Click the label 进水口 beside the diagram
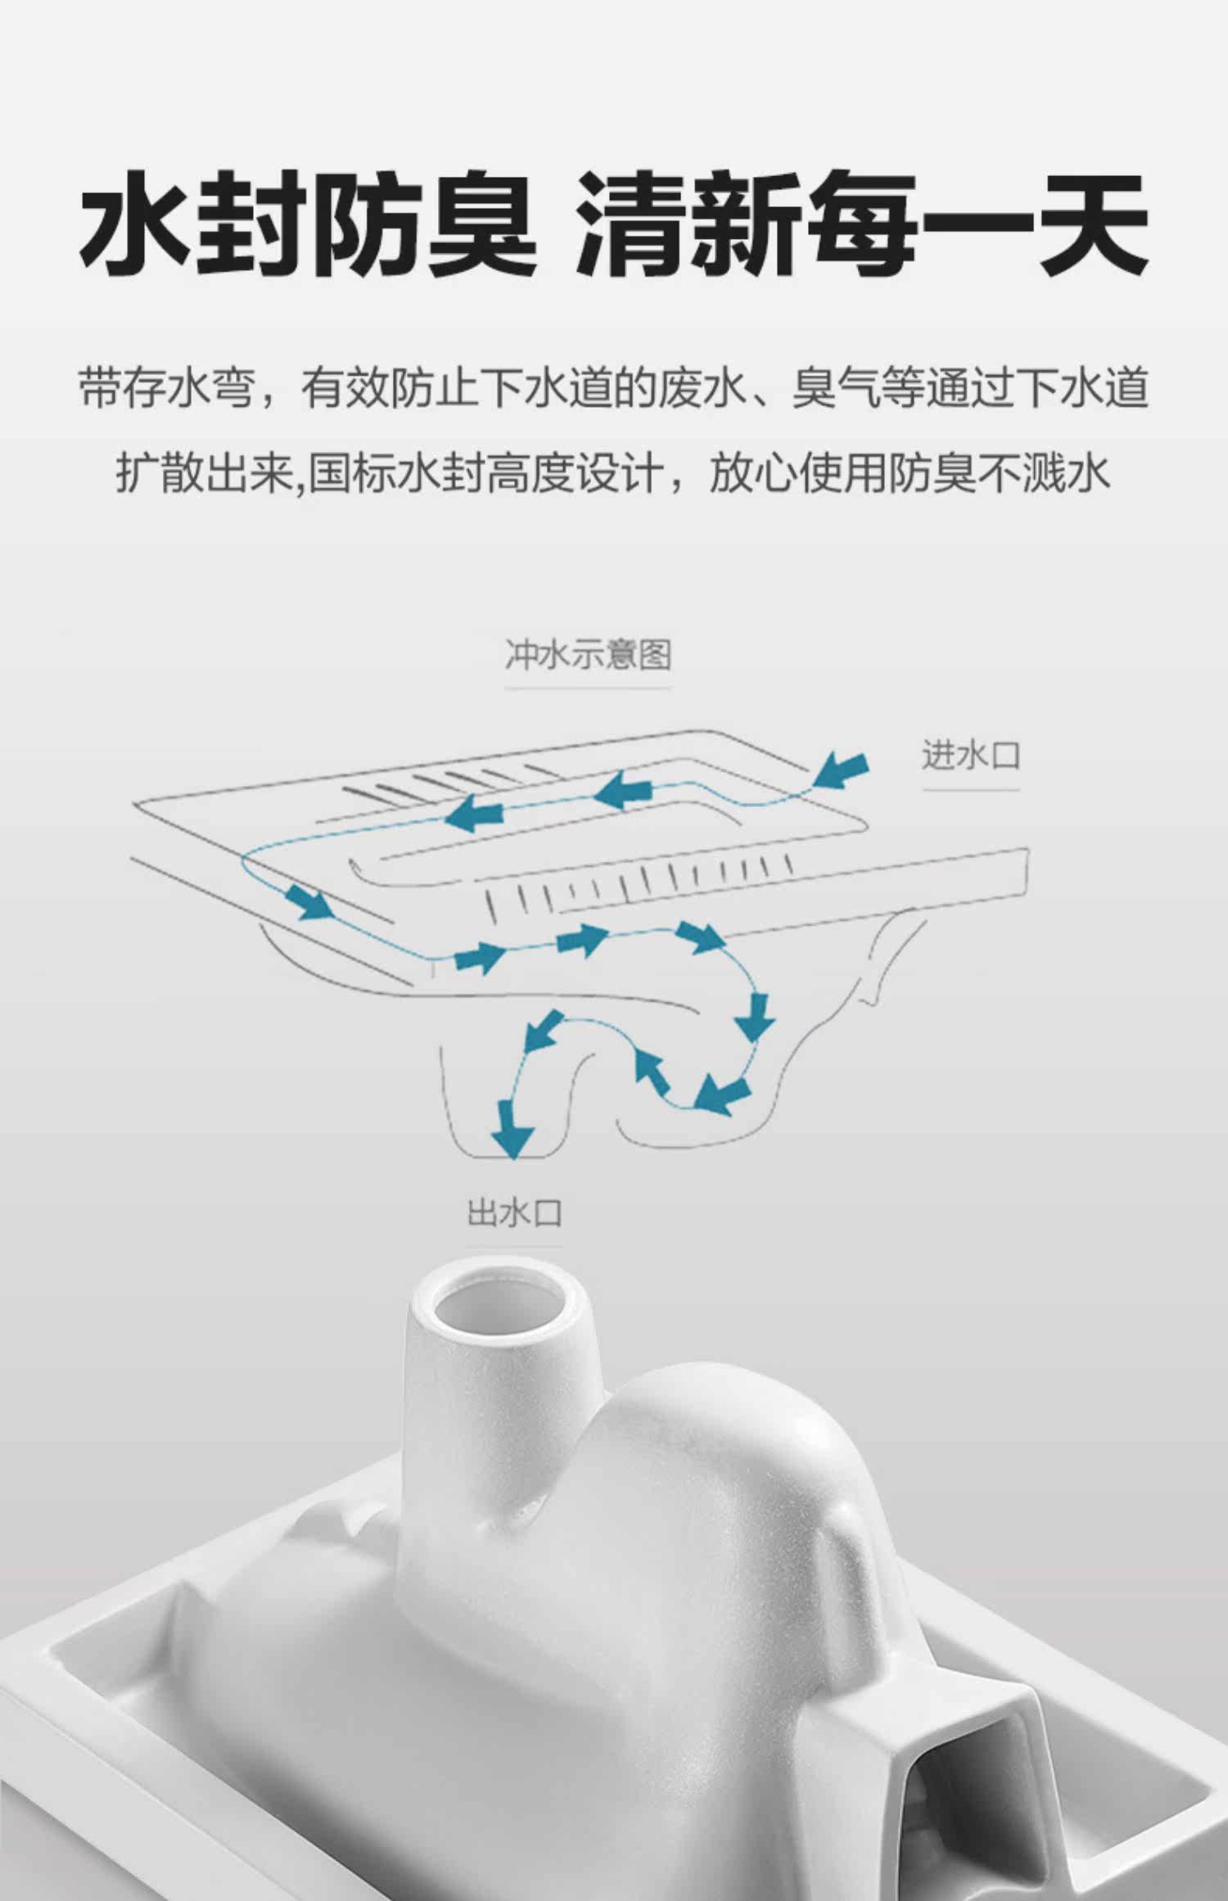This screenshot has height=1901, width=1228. (971, 755)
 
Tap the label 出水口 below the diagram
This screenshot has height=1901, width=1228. (514, 1212)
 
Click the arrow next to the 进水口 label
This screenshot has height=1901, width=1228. (842, 769)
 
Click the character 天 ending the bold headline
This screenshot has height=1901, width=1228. (1092, 223)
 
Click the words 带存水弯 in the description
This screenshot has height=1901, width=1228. (167, 388)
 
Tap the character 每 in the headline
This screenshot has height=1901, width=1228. (860, 223)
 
